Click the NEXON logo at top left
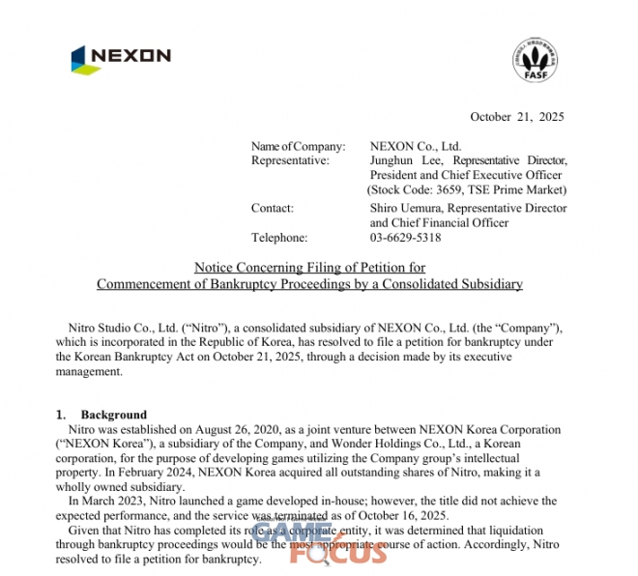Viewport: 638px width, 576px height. point(120,58)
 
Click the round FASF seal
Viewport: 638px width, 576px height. point(534,59)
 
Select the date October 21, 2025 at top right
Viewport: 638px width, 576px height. point(516,117)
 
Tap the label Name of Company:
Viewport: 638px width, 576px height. point(298,146)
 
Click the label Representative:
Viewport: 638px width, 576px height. point(289,160)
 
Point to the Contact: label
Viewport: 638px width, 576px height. point(273,208)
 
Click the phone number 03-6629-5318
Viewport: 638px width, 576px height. point(405,237)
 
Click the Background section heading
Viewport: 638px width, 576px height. point(113,414)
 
